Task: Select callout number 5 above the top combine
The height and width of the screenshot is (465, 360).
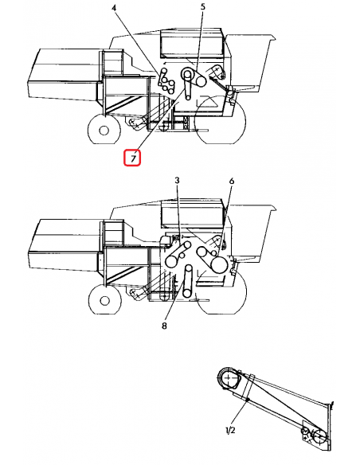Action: pyautogui.click(x=202, y=7)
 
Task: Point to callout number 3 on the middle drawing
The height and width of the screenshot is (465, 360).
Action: pyautogui.click(x=178, y=182)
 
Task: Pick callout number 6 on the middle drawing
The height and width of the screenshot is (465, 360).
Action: pyautogui.click(x=231, y=182)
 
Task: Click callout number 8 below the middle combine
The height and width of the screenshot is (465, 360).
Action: pyautogui.click(x=164, y=326)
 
